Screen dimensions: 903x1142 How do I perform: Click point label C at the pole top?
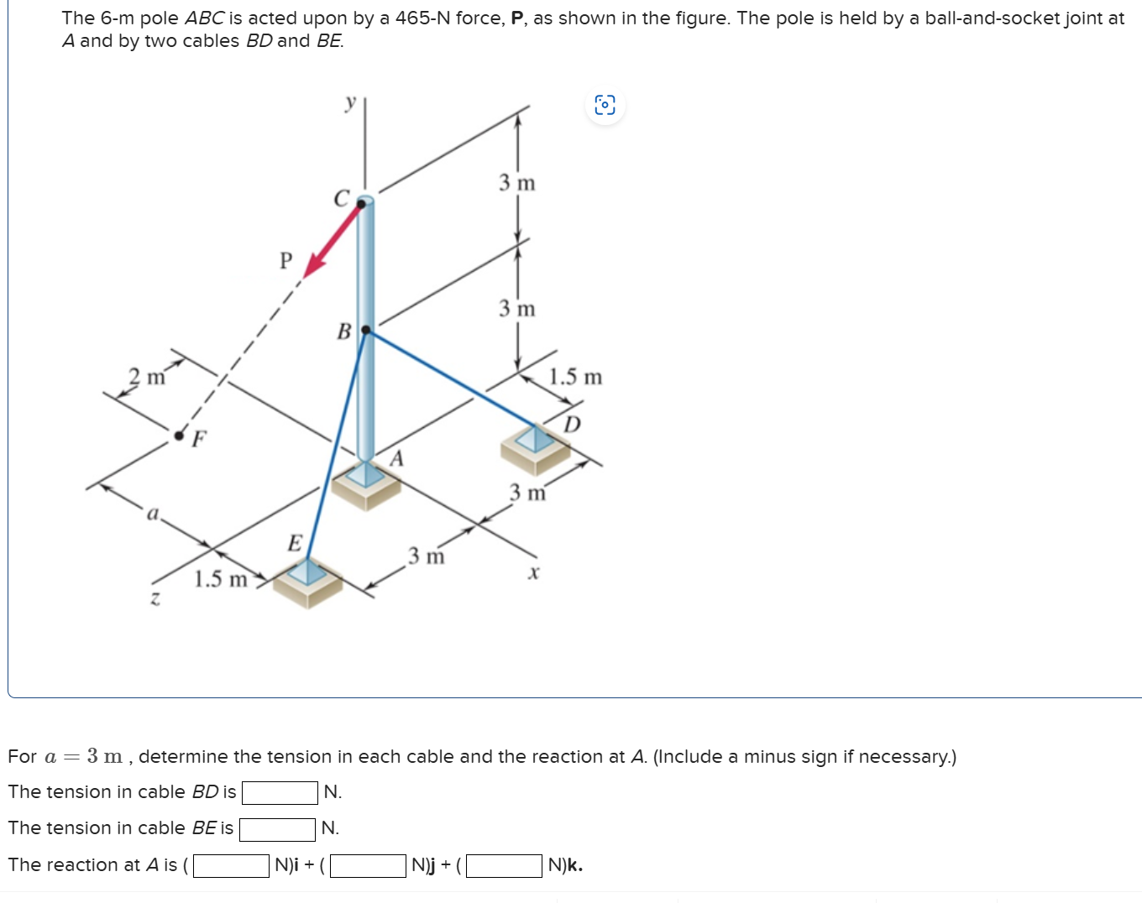tap(341, 199)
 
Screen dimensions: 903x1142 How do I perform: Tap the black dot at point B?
tap(365, 330)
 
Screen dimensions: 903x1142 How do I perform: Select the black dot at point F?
tap(179, 435)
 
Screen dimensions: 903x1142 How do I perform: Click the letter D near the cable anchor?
tap(572, 424)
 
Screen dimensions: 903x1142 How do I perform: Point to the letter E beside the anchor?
tap(295, 543)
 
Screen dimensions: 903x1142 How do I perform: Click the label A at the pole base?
tap(397, 458)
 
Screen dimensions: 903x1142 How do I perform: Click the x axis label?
tap(533, 573)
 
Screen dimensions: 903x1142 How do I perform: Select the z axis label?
tap(155, 598)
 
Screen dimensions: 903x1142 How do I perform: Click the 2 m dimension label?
tap(147, 377)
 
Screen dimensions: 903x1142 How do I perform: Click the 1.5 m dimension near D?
tap(575, 377)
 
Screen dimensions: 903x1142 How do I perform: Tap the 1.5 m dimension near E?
tap(221, 579)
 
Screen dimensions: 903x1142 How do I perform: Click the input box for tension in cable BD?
tap(280, 792)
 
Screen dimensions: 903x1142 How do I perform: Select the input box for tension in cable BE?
tap(277, 829)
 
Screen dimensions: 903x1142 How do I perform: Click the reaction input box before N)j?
tap(369, 865)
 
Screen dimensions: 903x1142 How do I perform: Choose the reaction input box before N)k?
tap(505, 865)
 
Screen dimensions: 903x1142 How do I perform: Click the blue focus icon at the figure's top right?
tap(605, 105)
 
